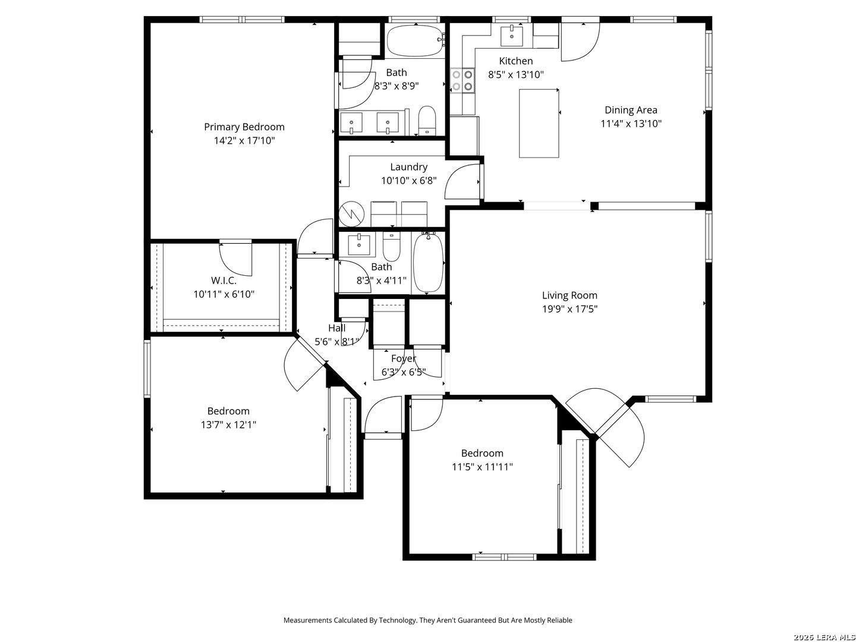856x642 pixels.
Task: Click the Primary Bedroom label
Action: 244,127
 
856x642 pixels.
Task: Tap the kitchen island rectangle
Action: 539,123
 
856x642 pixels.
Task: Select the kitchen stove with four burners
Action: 462,80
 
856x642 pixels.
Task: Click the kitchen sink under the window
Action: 512,35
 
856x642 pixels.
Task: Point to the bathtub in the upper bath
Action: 416,41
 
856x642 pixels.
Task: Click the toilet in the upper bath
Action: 427,120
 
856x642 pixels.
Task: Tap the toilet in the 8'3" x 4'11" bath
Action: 391,246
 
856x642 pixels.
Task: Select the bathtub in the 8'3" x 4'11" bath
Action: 428,262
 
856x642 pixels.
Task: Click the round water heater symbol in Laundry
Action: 351,213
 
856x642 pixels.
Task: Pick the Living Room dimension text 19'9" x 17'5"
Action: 569,309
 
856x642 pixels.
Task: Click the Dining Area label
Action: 631,111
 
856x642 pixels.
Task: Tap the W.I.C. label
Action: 224,280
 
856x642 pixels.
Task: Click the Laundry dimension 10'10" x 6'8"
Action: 409,181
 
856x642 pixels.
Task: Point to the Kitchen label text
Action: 516,61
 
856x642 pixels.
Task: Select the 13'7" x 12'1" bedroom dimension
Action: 228,424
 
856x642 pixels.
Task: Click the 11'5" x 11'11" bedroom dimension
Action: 482,467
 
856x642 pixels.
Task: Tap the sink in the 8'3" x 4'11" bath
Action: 359,245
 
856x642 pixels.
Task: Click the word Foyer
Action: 404,358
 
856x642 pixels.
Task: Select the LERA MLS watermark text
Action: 824,637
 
